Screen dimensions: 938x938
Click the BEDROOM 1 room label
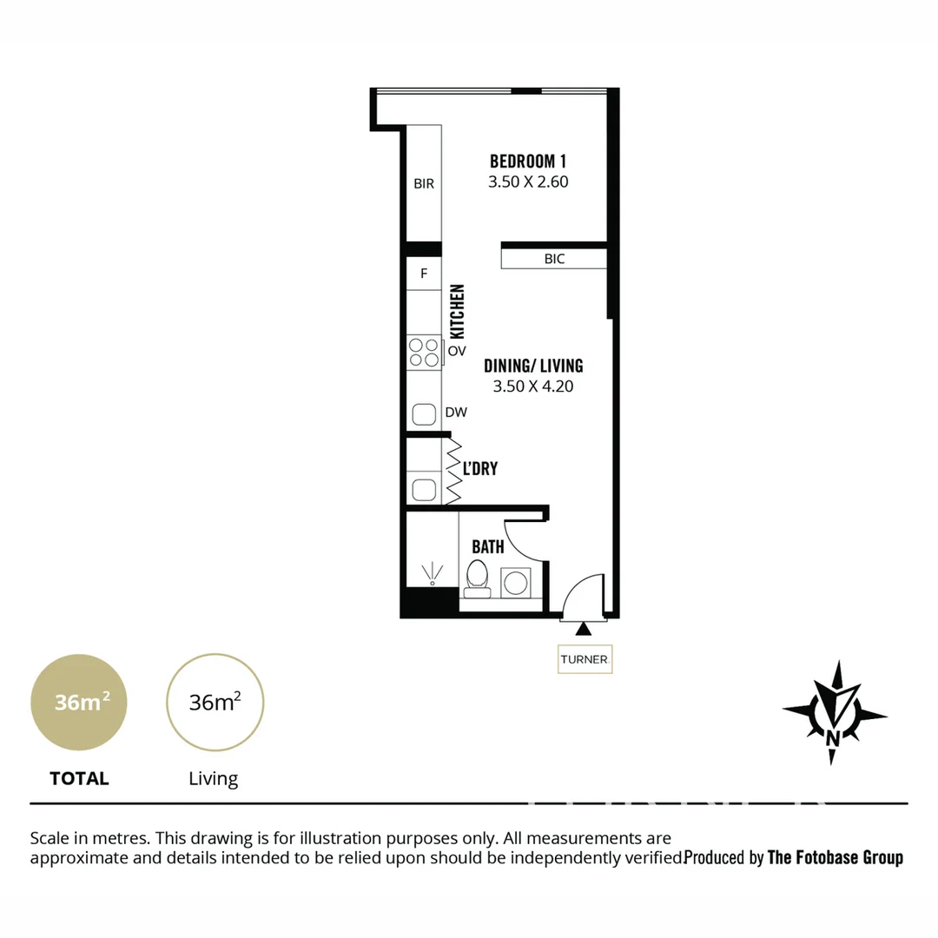point(528,161)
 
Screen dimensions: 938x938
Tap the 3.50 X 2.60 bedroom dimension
point(528,182)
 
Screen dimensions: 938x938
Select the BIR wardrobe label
point(424,184)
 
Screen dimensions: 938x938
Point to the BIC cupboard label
point(554,259)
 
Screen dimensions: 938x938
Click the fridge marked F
point(424,274)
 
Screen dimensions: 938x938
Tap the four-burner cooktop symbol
point(424,352)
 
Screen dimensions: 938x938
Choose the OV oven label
point(457,352)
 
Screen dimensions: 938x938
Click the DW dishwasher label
point(456,413)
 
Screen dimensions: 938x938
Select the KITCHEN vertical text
point(457,312)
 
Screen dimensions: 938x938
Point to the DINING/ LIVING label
point(533,366)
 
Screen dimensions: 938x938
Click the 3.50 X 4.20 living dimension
point(533,387)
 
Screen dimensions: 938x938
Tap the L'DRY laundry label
point(480,469)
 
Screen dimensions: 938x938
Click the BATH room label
point(488,547)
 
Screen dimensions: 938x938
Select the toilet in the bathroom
point(477,579)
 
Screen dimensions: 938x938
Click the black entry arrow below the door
point(584,628)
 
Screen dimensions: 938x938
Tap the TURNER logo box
point(585,659)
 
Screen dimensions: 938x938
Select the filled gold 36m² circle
point(79,702)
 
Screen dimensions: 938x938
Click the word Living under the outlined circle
point(214,779)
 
